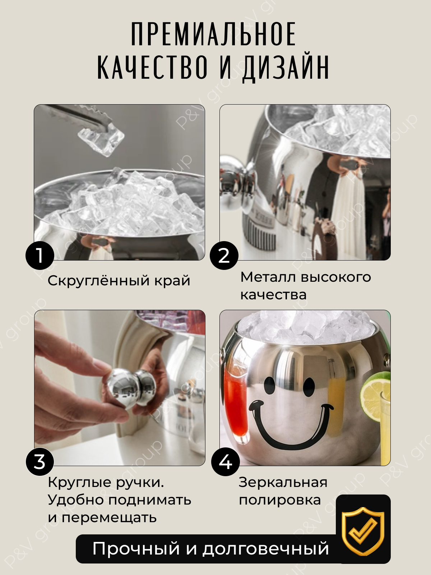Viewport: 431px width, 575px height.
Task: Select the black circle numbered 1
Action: (40, 256)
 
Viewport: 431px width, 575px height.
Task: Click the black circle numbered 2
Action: (224, 256)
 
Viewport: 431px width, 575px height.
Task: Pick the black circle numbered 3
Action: (40, 462)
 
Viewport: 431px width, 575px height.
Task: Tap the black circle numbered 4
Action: (225, 462)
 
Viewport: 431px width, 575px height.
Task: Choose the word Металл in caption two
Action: (268, 277)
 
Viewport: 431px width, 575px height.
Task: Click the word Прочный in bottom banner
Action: (136, 549)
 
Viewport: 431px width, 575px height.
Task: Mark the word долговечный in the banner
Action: (265, 549)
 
